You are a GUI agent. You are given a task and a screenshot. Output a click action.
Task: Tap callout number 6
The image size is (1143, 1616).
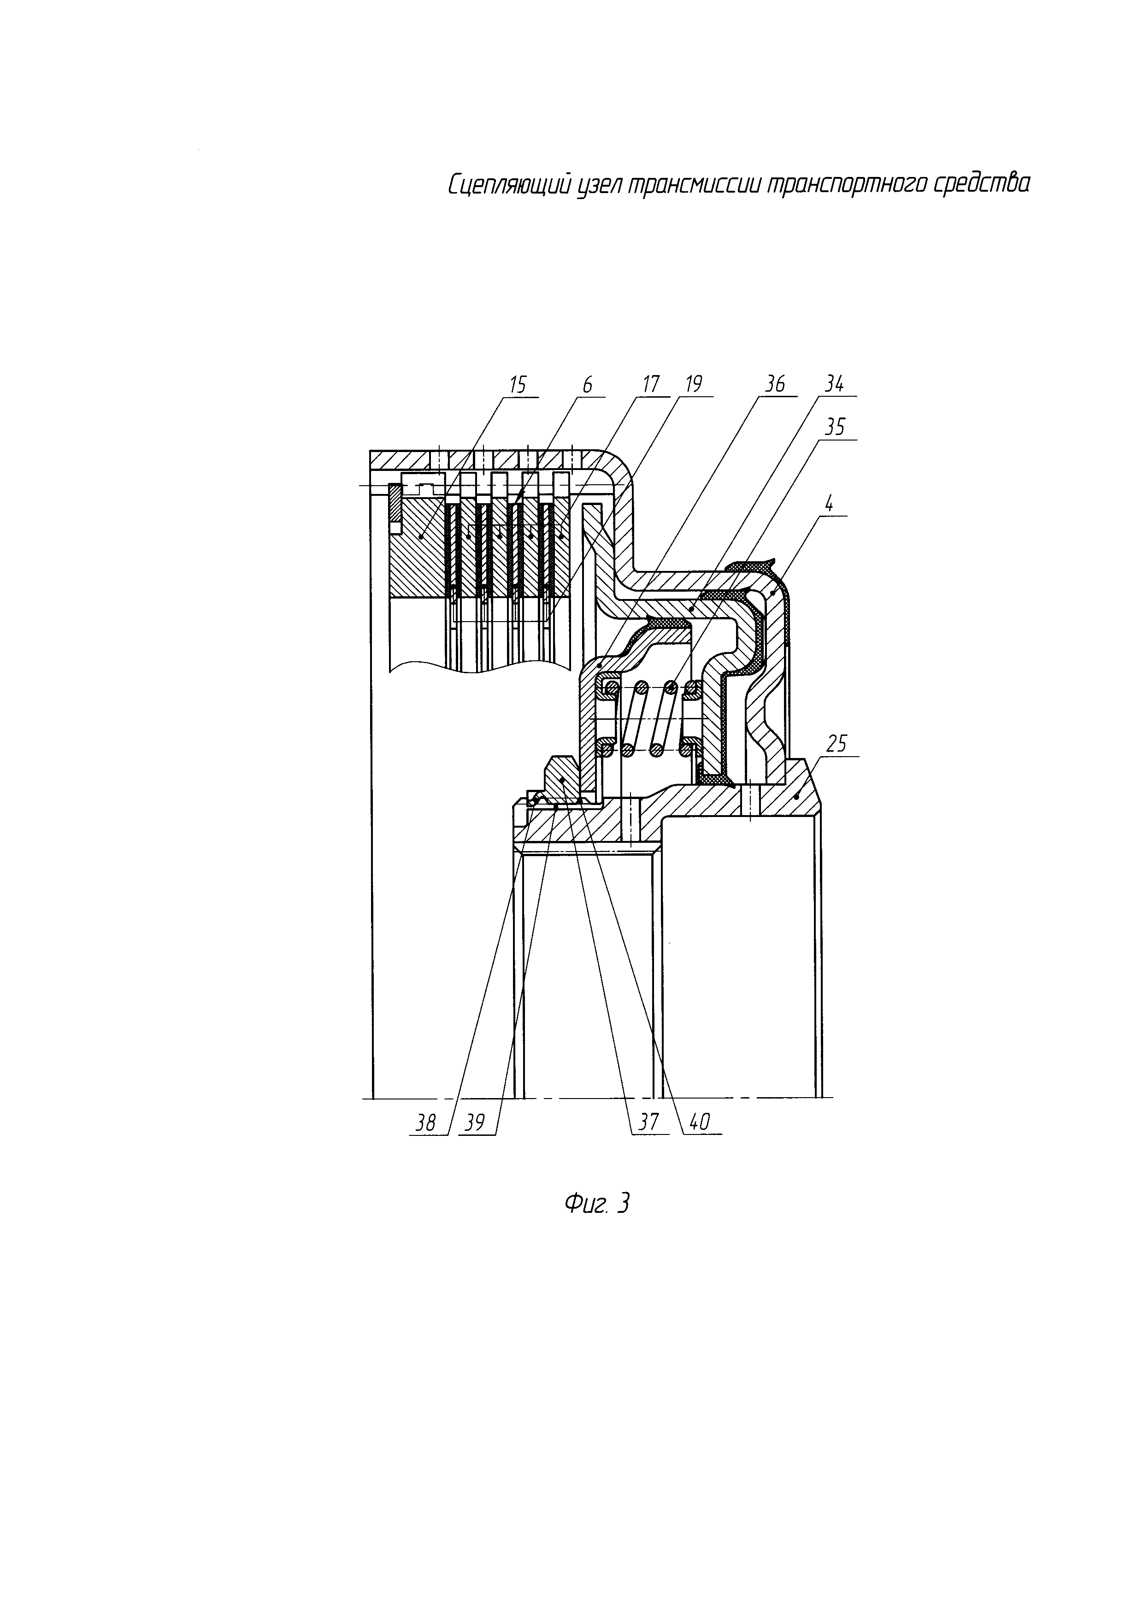click(587, 385)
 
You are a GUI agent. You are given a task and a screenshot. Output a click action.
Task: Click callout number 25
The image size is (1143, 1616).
click(837, 744)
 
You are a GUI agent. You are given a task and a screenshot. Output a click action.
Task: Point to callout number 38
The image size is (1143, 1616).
click(425, 1122)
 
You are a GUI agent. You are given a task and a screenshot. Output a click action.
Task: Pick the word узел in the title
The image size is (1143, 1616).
click(597, 187)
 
